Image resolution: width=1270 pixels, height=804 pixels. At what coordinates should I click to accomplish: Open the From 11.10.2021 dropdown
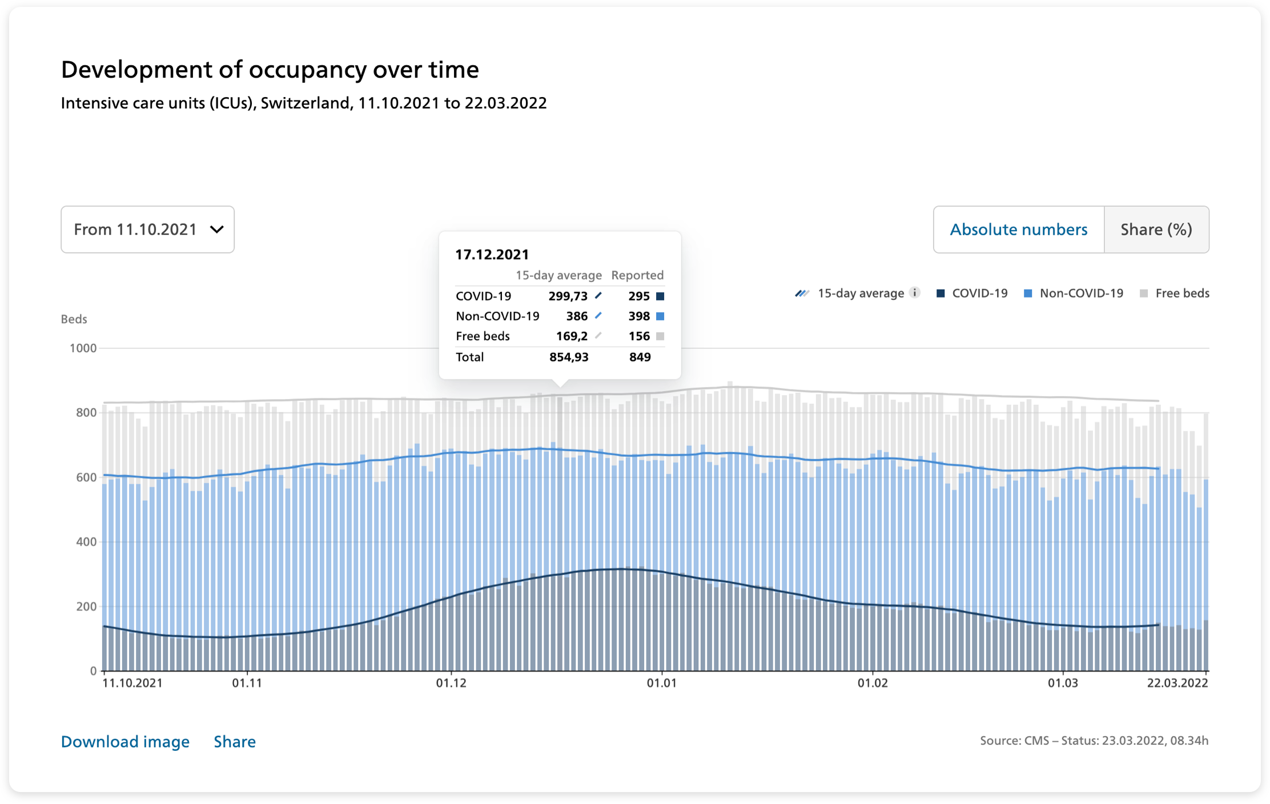147,230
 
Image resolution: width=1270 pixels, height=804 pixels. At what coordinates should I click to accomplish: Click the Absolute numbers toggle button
1019,230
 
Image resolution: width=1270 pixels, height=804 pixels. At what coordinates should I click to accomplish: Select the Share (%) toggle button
1156,230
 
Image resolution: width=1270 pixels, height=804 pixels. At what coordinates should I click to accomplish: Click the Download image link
125,741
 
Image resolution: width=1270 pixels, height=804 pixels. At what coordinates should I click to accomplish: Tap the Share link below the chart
235,741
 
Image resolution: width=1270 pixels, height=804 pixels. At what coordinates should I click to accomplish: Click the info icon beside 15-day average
915,293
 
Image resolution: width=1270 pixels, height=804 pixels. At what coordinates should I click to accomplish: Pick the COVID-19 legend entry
972,294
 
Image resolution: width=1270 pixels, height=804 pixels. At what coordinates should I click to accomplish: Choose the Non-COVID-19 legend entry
1074,294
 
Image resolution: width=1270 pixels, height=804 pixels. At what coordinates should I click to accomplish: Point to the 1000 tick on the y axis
83,348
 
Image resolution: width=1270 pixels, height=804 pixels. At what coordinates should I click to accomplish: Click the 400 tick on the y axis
86,541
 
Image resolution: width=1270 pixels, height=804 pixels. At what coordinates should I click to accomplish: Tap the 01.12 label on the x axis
451,683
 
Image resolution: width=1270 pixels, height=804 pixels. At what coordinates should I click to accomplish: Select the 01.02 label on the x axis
873,683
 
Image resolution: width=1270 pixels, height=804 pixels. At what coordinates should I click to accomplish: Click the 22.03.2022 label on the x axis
1177,683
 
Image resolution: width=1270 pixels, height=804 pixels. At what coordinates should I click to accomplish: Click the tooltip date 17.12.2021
492,255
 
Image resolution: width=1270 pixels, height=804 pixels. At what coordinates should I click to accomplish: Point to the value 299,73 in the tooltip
568,296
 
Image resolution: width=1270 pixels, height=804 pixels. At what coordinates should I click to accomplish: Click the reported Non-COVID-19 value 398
639,316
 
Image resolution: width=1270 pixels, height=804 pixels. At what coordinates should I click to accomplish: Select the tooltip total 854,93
569,357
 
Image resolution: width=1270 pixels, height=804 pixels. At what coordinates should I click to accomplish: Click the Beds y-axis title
74,319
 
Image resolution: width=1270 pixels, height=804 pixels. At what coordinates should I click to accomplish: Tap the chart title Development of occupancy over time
270,70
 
